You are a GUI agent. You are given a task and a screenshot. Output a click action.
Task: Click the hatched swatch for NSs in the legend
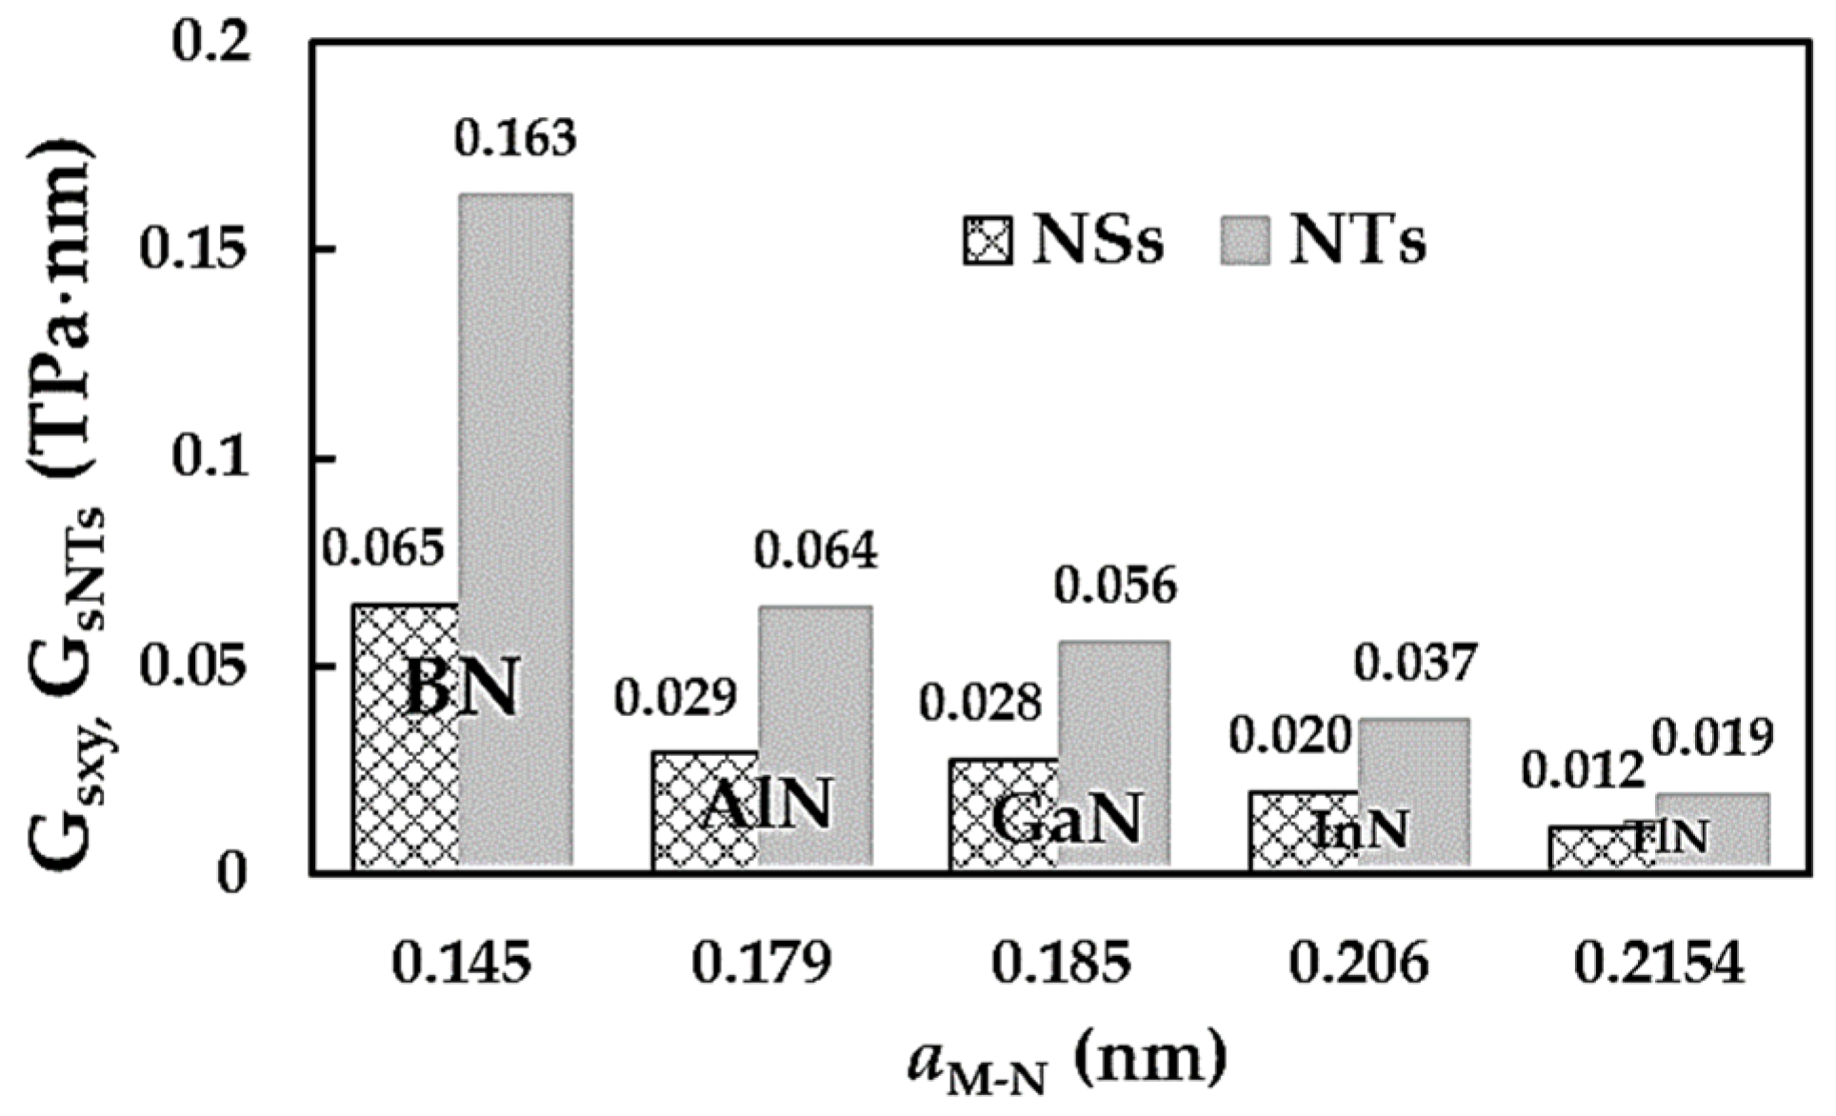988,242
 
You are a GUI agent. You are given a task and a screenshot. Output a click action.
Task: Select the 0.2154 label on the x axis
1658,965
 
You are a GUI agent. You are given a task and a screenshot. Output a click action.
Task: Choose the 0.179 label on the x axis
761,965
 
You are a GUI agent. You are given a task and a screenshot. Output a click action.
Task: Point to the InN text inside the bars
1360,830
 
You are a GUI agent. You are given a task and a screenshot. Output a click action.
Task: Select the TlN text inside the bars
1668,838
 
